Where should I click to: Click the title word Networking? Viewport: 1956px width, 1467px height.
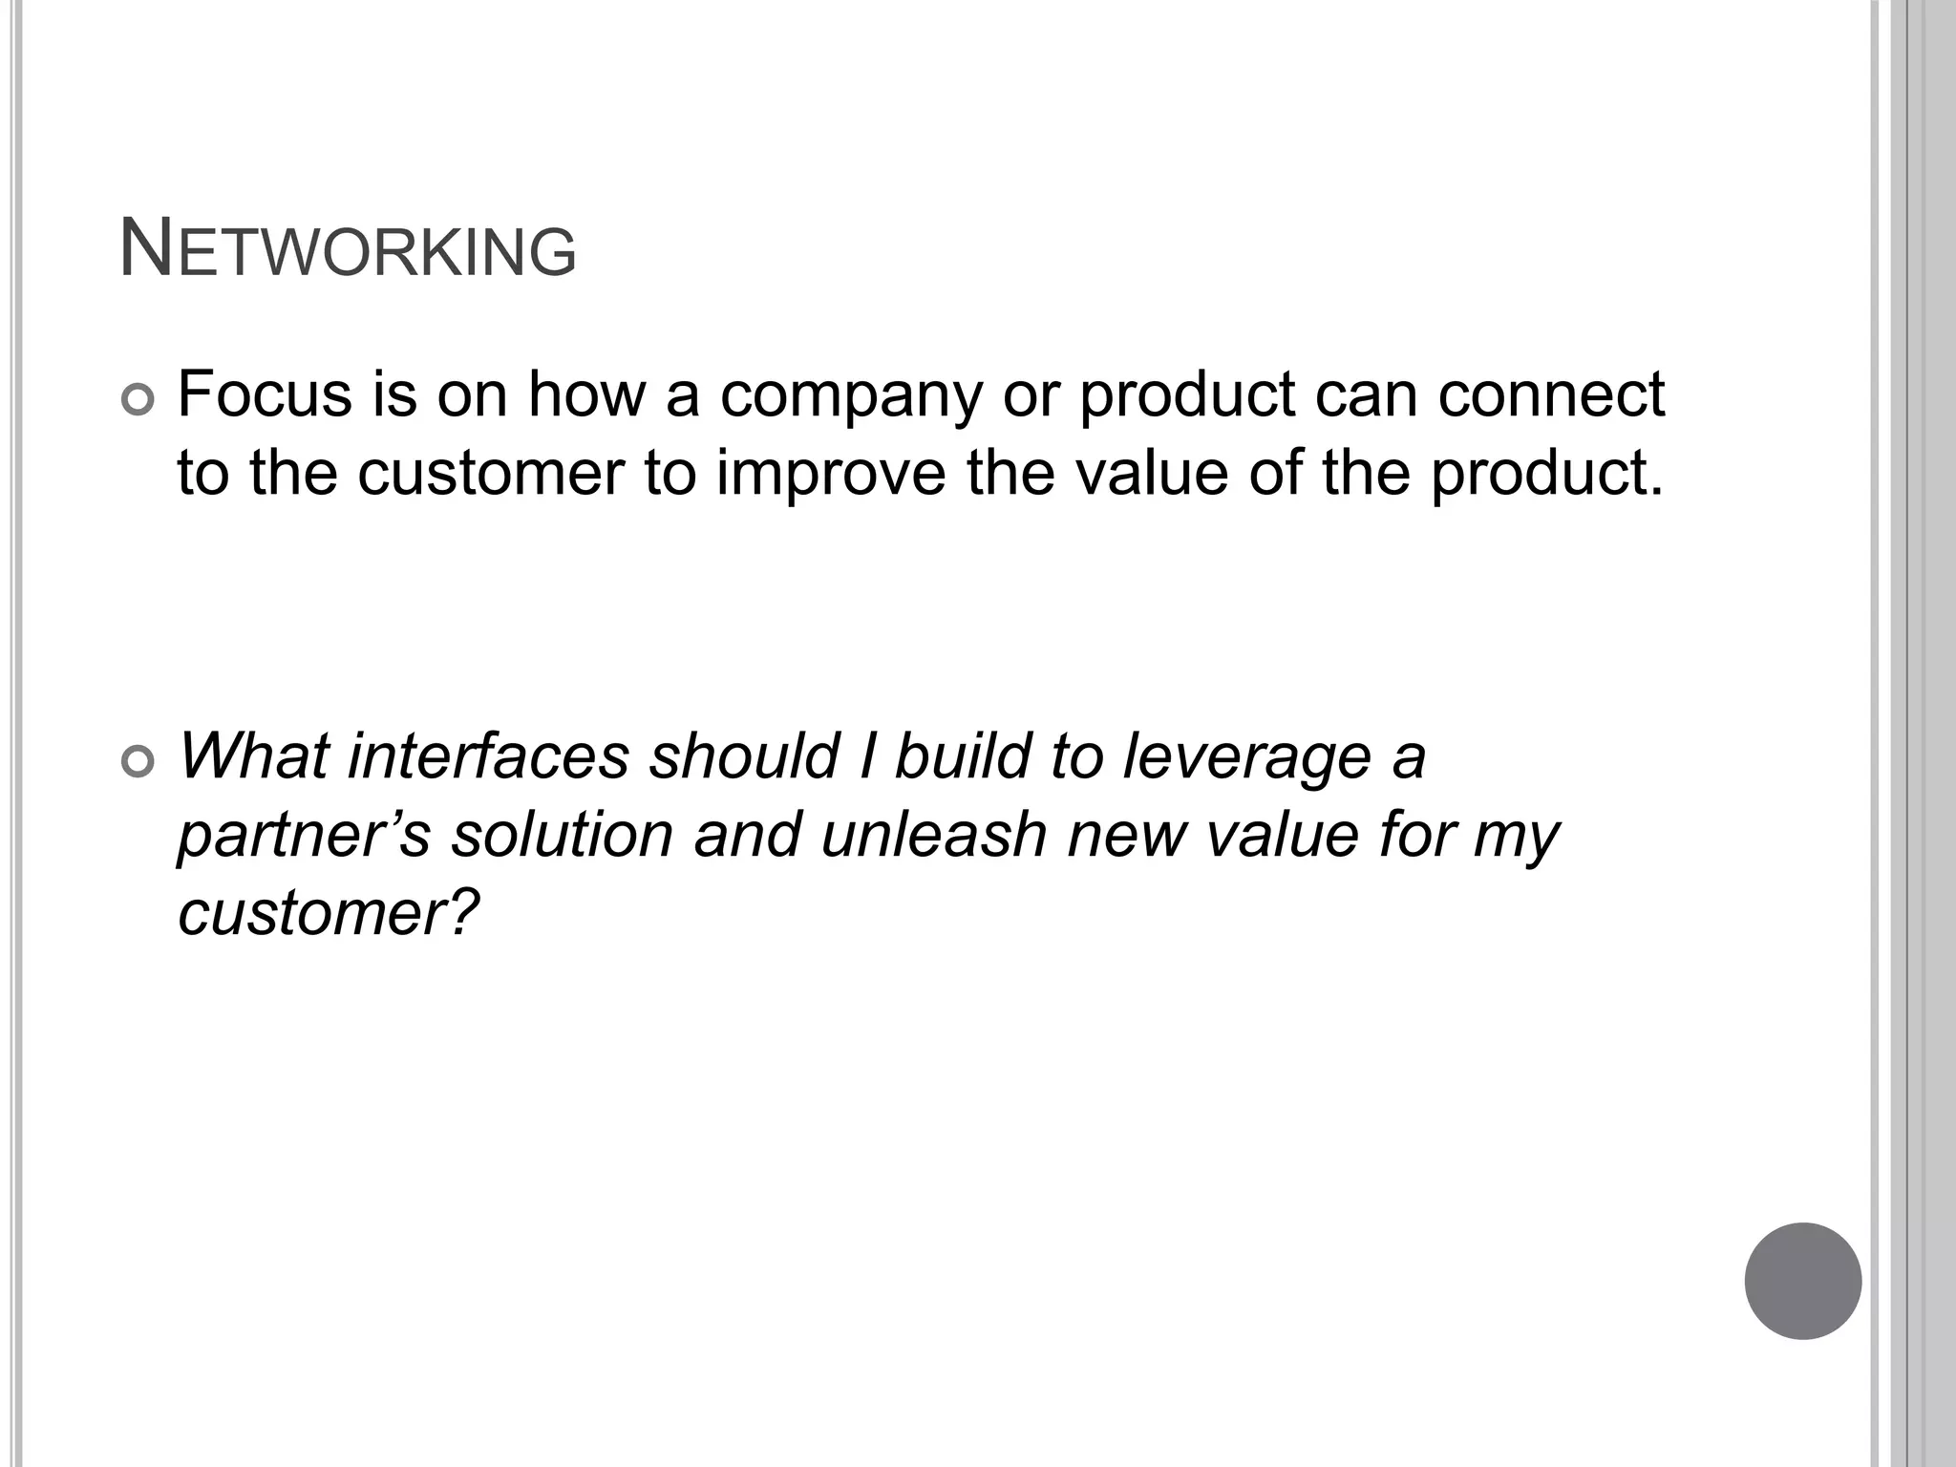[x=348, y=250]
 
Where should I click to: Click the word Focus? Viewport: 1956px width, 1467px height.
[x=265, y=393]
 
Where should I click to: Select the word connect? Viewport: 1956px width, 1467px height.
[x=1551, y=393]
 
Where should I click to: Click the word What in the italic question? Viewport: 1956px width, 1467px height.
[x=252, y=755]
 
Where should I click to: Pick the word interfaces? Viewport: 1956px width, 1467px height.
[x=488, y=755]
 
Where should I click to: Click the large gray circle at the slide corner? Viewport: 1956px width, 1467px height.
[x=1802, y=1281]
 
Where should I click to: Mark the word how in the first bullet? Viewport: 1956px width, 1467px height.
[x=586, y=393]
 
